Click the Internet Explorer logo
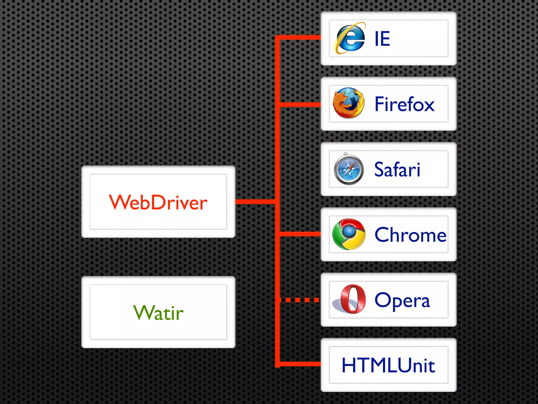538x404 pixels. pyautogui.click(x=350, y=38)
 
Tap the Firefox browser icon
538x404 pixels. pyautogui.click(x=349, y=103)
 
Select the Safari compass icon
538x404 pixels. pyautogui.click(x=349, y=169)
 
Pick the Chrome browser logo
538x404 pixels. pyautogui.click(x=349, y=234)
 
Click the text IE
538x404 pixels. pyautogui.click(x=382, y=39)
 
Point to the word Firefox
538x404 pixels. pyautogui.click(x=404, y=104)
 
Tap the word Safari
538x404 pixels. pyautogui.click(x=397, y=170)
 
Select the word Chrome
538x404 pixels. pyautogui.click(x=410, y=235)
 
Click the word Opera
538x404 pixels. pyautogui.click(x=402, y=300)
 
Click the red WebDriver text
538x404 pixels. pyautogui.click(x=158, y=202)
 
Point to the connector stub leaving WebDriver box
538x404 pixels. pyautogui.click(x=255, y=202)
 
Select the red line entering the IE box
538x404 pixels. pyautogui.click(x=299, y=37)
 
